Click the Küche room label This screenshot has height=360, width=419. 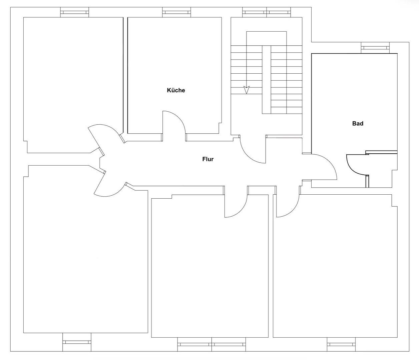point(176,90)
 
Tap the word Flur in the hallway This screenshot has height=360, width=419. point(208,159)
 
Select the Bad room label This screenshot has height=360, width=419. point(358,123)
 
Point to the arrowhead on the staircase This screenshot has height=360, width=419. point(246,90)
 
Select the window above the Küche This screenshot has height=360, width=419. point(176,12)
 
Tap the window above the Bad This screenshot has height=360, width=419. point(375,48)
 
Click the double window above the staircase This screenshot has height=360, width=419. point(267,12)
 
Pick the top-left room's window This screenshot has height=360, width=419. point(75,12)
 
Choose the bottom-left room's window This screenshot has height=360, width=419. point(77,342)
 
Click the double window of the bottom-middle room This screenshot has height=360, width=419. point(212,344)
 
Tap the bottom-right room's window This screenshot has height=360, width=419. point(341,344)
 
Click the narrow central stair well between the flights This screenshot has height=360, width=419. point(266,80)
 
